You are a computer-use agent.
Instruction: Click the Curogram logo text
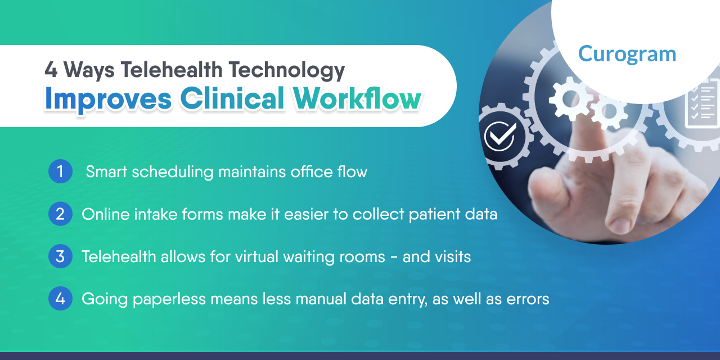[627, 54]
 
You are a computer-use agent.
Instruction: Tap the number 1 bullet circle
[60, 171]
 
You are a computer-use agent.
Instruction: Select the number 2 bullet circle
[60, 214]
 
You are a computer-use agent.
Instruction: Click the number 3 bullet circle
[60, 256]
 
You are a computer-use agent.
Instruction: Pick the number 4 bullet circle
[60, 299]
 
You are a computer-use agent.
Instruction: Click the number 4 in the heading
[51, 70]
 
